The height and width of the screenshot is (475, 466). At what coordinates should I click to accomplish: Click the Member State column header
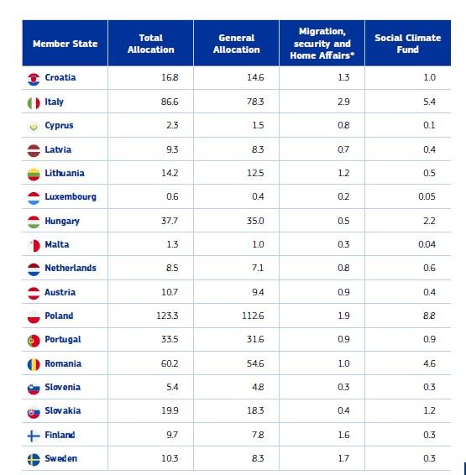point(65,44)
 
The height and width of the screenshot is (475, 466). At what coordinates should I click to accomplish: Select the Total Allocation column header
point(151,44)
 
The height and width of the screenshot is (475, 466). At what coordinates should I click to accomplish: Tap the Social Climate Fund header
point(407,44)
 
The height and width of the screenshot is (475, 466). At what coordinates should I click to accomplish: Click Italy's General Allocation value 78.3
point(254,102)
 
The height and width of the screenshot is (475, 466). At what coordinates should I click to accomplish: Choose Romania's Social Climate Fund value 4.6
point(428,364)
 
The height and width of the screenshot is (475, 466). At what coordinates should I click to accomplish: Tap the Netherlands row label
point(71,269)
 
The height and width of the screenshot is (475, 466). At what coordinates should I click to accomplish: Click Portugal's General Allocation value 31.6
point(254,340)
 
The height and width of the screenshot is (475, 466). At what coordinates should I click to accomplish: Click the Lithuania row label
point(65,174)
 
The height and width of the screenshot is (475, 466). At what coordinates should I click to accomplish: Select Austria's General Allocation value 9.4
point(256,293)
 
